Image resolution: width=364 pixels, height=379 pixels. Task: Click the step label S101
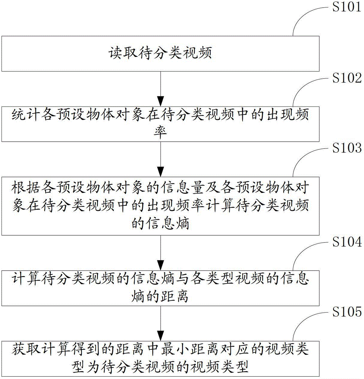(347, 7)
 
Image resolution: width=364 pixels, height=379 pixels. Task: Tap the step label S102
(347, 78)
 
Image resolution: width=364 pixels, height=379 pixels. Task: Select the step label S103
(347, 148)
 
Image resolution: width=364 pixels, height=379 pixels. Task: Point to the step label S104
(347, 241)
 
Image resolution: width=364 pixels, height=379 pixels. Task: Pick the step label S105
(347, 312)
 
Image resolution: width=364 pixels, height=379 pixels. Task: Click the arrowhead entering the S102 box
(161, 102)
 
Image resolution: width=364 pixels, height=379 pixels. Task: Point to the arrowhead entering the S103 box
(161, 172)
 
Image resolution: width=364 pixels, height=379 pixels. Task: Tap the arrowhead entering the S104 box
(161, 266)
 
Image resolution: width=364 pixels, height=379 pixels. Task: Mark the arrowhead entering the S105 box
(161, 336)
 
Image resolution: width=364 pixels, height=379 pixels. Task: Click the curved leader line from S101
(303, 15)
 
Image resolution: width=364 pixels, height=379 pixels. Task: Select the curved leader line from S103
(303, 156)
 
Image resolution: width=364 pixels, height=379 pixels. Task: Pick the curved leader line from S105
(303, 320)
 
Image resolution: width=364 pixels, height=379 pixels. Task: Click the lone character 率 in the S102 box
(160, 132)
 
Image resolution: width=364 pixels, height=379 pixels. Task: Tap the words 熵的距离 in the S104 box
(160, 296)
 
